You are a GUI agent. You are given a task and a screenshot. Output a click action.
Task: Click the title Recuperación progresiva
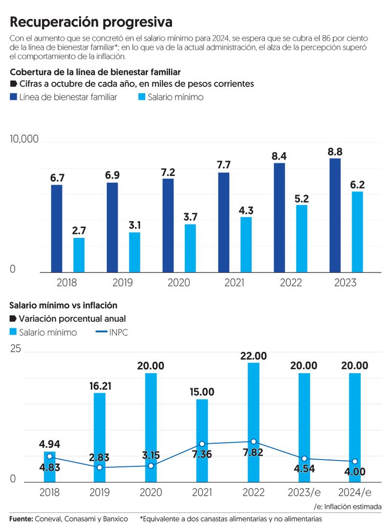pyautogui.click(x=91, y=22)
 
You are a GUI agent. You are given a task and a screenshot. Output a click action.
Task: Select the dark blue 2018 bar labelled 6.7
pyautogui.click(x=57, y=228)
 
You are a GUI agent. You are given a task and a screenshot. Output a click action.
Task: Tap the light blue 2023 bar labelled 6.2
pyautogui.click(x=357, y=232)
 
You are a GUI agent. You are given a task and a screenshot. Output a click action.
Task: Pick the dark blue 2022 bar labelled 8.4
pyautogui.click(x=280, y=217)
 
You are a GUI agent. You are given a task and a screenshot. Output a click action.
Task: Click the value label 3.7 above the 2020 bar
pyautogui.click(x=190, y=215)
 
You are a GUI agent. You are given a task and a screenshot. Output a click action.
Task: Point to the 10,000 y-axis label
pyautogui.click(x=24, y=139)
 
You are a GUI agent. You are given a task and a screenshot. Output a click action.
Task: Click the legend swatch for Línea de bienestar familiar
pyautogui.click(x=13, y=97)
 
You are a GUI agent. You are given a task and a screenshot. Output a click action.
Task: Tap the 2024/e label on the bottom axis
pyautogui.click(x=355, y=491)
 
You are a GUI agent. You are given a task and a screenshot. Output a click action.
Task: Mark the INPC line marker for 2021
pyautogui.click(x=202, y=444)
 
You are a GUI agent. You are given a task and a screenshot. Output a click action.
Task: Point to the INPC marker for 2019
pyautogui.click(x=100, y=467)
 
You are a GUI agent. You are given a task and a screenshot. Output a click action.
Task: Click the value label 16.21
pyautogui.click(x=100, y=385)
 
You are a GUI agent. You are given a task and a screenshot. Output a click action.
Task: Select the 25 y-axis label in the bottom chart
pyautogui.click(x=15, y=349)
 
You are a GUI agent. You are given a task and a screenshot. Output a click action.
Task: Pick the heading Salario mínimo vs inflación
pyautogui.click(x=64, y=305)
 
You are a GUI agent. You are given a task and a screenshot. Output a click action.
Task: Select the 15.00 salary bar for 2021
pyautogui.click(x=202, y=440)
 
